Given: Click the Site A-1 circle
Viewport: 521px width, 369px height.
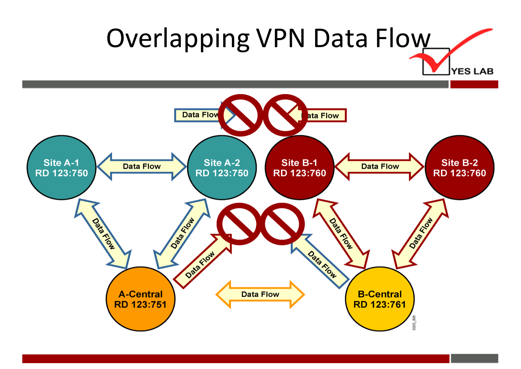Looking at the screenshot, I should tap(61, 167).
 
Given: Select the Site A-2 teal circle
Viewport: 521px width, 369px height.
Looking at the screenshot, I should tap(222, 167).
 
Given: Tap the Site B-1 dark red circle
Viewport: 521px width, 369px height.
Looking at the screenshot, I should tap(299, 167).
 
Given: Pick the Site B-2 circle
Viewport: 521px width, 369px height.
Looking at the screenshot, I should tap(459, 167).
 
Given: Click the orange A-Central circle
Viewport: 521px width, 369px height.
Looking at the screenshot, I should tap(140, 299).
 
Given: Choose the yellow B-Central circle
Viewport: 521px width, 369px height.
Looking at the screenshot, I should tap(380, 299).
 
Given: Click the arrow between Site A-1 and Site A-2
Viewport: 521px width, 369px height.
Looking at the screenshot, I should tap(141, 167).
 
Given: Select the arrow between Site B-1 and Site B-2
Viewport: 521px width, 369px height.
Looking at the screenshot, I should tap(380, 167).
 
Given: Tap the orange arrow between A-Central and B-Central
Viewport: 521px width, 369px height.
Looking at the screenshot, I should tap(260, 294).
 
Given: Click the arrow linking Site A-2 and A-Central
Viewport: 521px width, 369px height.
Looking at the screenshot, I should tap(182, 233).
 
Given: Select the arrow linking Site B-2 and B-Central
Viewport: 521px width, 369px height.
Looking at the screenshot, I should tap(420, 233).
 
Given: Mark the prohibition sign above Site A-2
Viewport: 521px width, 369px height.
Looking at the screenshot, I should tap(240, 115).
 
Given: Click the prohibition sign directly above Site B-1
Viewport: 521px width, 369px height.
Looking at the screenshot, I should tap(285, 115).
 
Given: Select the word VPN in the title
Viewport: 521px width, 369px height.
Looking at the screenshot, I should tap(280, 38).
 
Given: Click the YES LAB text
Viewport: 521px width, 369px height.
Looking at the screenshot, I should tap(472, 71).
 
